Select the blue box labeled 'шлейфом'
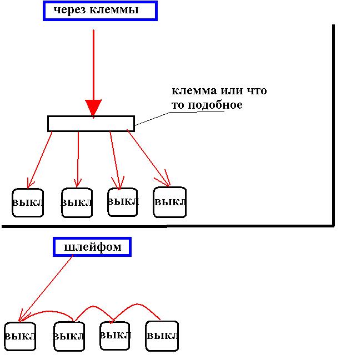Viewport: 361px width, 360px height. [x=92, y=247]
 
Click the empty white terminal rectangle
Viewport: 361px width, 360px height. [x=91, y=124]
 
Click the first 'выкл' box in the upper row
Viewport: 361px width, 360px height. [x=28, y=202]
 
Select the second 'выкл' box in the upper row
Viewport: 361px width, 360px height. [x=77, y=202]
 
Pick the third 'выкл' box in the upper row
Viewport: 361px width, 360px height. [x=123, y=201]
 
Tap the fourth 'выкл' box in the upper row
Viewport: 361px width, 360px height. [x=169, y=202]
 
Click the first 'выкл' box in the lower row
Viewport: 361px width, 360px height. [x=20, y=336]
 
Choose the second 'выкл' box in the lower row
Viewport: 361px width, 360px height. [x=69, y=336]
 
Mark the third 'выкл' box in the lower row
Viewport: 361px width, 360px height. [x=116, y=335]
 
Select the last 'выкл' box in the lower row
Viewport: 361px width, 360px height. [x=162, y=336]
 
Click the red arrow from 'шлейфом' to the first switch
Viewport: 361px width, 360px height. [x=47, y=288]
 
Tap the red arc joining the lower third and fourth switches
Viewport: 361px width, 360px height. [x=136, y=306]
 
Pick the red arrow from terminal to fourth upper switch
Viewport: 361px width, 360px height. [x=149, y=158]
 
